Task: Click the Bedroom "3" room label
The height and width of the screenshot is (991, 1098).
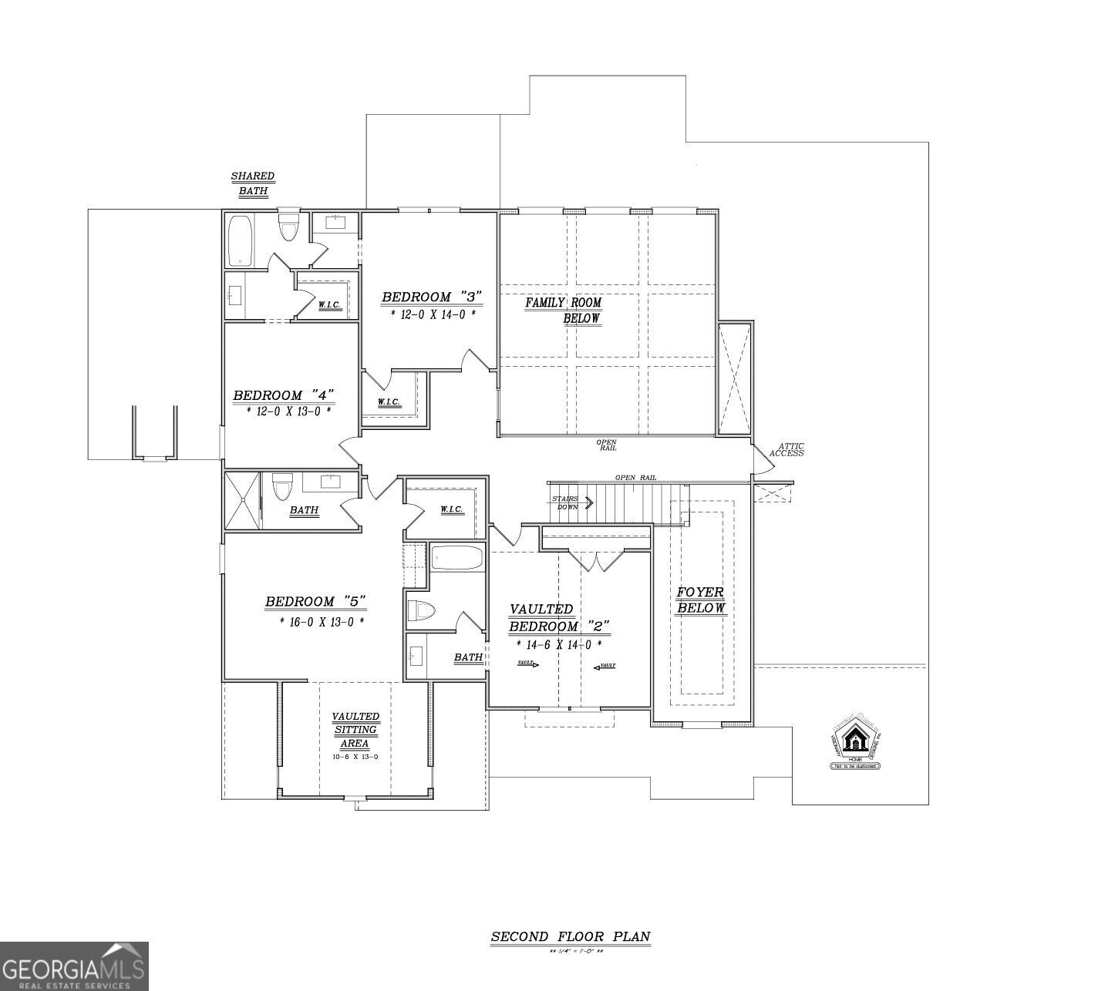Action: pyautogui.click(x=431, y=297)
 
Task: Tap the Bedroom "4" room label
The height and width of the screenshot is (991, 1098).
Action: pyautogui.click(x=284, y=395)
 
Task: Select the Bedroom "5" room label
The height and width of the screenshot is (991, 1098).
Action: pyautogui.click(x=315, y=601)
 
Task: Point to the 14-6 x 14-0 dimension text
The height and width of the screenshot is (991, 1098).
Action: pyautogui.click(x=554, y=644)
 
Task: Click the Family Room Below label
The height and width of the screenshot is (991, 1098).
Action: pyautogui.click(x=564, y=310)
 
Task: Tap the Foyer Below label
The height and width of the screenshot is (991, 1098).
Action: pyautogui.click(x=700, y=600)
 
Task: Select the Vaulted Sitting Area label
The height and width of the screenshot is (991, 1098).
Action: pyautogui.click(x=355, y=730)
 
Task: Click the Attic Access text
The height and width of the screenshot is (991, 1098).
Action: pyautogui.click(x=787, y=450)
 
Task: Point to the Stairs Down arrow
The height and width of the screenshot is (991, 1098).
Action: pyautogui.click(x=590, y=503)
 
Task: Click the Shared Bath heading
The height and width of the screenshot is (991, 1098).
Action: pyautogui.click(x=252, y=183)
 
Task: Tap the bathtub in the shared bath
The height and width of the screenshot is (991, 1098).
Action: pyautogui.click(x=241, y=240)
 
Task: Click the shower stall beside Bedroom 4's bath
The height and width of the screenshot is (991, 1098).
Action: pyautogui.click(x=243, y=500)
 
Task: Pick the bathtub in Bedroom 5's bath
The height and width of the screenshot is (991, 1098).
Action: pyautogui.click(x=456, y=558)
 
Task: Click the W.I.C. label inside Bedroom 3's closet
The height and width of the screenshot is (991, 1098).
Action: pyautogui.click(x=388, y=402)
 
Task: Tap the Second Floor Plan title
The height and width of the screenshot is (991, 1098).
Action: pyautogui.click(x=571, y=937)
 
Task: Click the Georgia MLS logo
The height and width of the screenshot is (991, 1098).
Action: pyautogui.click(x=74, y=966)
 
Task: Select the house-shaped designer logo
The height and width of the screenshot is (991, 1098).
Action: pyautogui.click(x=855, y=742)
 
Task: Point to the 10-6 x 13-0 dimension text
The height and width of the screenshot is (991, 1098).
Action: pyautogui.click(x=355, y=757)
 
